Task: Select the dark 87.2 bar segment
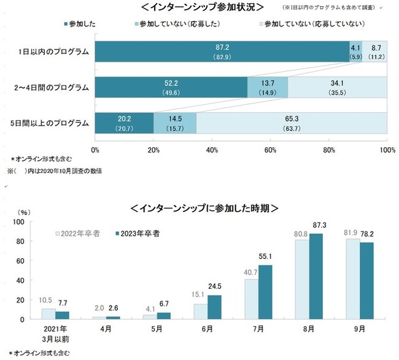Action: tap(222, 51)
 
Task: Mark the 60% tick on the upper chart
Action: tap(271, 150)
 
